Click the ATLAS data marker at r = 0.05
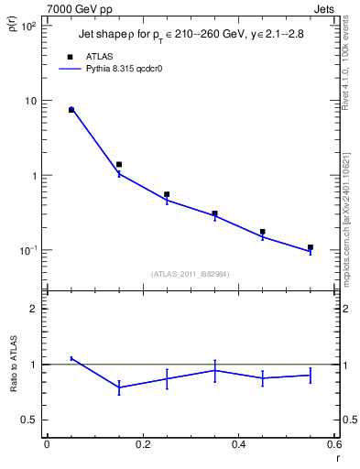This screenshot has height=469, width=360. pos(71,110)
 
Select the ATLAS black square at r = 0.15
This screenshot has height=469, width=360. pos(119,165)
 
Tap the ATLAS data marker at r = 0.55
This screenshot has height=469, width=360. pos(311,247)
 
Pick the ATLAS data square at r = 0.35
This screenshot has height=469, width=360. pos(215,214)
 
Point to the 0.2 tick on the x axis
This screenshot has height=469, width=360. pos(142,444)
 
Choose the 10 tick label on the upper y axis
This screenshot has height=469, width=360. pos(30,101)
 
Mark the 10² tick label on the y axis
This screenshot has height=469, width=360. pos(28,26)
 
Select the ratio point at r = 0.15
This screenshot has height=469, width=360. pos(119,387)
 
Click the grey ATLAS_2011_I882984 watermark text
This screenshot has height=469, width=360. pos(191,273)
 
